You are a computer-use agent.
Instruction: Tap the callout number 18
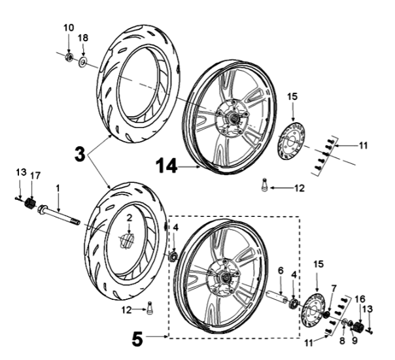point(83,39)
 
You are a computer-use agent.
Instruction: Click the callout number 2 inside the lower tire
point(129,217)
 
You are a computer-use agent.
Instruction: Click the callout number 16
point(359,299)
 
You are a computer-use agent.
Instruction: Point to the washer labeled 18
point(84,63)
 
